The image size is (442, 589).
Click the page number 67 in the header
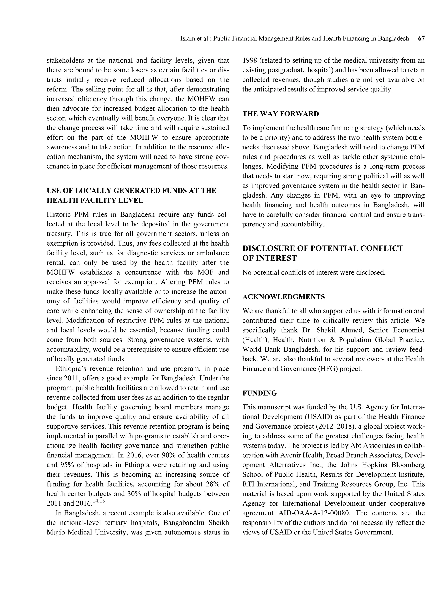421,39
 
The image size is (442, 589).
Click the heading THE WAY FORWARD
280,114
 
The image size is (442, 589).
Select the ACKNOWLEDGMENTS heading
283,297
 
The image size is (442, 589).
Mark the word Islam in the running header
186,39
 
